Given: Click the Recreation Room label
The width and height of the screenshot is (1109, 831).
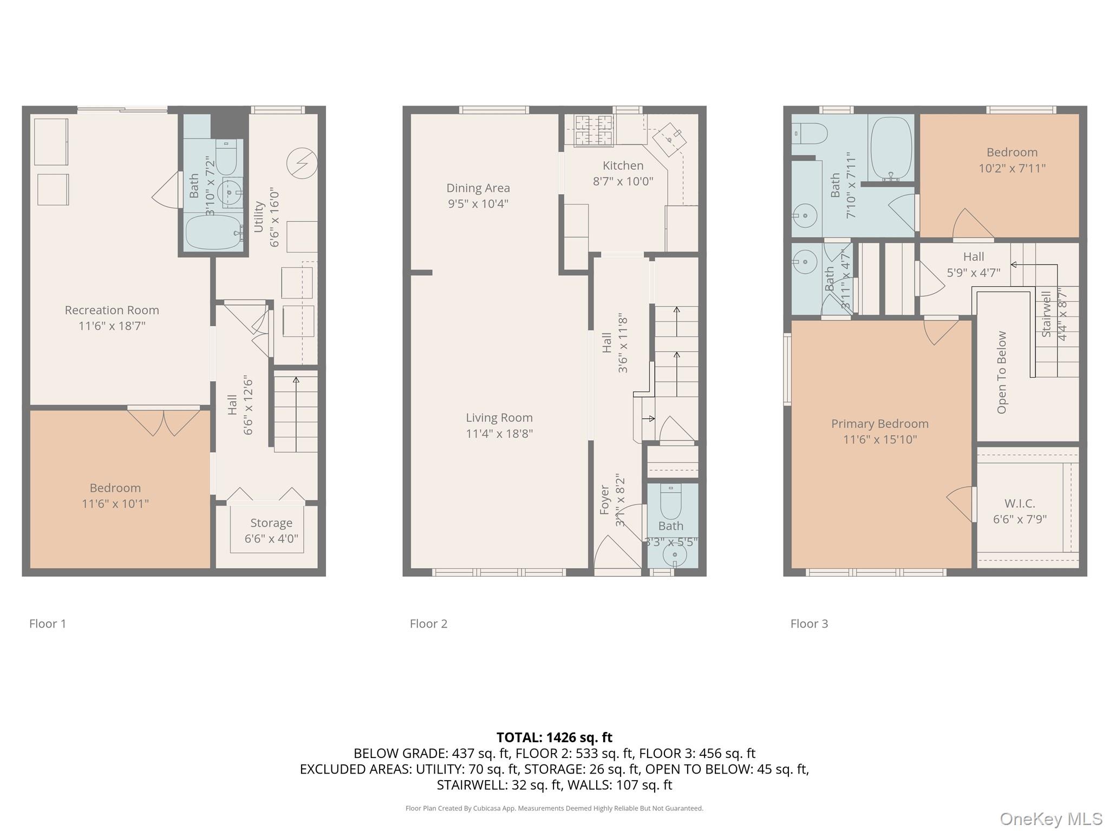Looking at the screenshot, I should pyautogui.click(x=112, y=311).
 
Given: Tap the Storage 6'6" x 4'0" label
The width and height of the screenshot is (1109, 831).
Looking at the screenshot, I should pyautogui.click(x=271, y=531).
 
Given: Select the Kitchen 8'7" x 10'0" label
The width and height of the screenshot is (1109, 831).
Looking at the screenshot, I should pyautogui.click(x=623, y=173).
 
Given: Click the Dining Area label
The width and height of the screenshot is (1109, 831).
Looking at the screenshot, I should pyautogui.click(x=478, y=188).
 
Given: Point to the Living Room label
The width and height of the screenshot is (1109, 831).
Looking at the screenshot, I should pyautogui.click(x=499, y=418).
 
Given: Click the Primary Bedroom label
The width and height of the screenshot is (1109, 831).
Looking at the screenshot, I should pyautogui.click(x=879, y=424).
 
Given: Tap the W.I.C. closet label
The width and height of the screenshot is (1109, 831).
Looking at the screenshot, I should pyautogui.click(x=1020, y=504).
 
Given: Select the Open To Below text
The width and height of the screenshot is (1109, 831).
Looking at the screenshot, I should pyautogui.click(x=1002, y=372).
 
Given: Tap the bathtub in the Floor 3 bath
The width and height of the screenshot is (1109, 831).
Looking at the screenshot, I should pyautogui.click(x=891, y=148).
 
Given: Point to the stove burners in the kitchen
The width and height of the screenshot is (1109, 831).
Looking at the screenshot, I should pyautogui.click(x=588, y=130).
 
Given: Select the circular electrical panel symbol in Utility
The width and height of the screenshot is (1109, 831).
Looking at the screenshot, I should pyautogui.click(x=302, y=163).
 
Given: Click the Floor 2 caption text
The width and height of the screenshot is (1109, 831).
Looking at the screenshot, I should pyautogui.click(x=428, y=624).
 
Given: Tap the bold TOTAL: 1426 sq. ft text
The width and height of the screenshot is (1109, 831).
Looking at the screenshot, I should pyautogui.click(x=554, y=737).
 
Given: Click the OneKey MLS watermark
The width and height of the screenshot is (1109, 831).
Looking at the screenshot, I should pyautogui.click(x=1051, y=819).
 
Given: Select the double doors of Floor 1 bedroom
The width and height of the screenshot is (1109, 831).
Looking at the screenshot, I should pyautogui.click(x=164, y=422).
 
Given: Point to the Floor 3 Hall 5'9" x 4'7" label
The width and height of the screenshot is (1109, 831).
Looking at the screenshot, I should pyautogui.click(x=973, y=265).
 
